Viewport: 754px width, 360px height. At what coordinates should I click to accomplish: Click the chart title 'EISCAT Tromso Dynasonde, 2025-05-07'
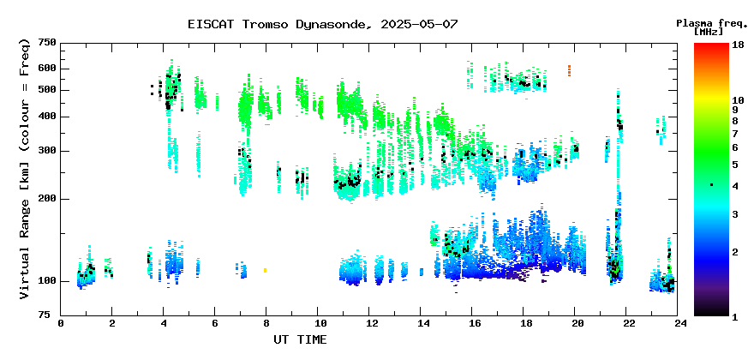click(323, 24)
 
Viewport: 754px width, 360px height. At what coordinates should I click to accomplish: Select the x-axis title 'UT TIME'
click(300, 339)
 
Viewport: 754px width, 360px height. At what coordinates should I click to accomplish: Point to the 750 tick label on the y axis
click(48, 44)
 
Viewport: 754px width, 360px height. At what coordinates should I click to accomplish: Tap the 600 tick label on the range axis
click(48, 69)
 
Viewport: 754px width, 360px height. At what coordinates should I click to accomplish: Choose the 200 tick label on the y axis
click(48, 199)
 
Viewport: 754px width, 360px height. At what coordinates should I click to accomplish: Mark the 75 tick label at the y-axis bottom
click(51, 315)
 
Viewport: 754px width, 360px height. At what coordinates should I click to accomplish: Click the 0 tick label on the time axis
click(61, 324)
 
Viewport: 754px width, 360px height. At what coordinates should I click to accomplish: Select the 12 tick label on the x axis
click(368, 324)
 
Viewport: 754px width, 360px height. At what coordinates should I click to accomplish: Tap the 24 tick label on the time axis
click(678, 324)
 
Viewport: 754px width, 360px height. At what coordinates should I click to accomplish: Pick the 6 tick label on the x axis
click(215, 324)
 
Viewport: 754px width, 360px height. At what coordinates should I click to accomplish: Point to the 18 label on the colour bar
click(738, 45)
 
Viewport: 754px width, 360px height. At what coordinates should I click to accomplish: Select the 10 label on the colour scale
click(738, 100)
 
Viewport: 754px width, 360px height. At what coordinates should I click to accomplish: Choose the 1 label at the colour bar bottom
click(735, 318)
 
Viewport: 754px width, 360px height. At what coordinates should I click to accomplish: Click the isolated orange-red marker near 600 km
click(569, 71)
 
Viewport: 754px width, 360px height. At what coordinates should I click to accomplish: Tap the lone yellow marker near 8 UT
click(265, 271)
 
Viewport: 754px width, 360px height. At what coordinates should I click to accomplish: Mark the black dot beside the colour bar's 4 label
click(711, 185)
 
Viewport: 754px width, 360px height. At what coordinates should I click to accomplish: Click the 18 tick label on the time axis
click(524, 324)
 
